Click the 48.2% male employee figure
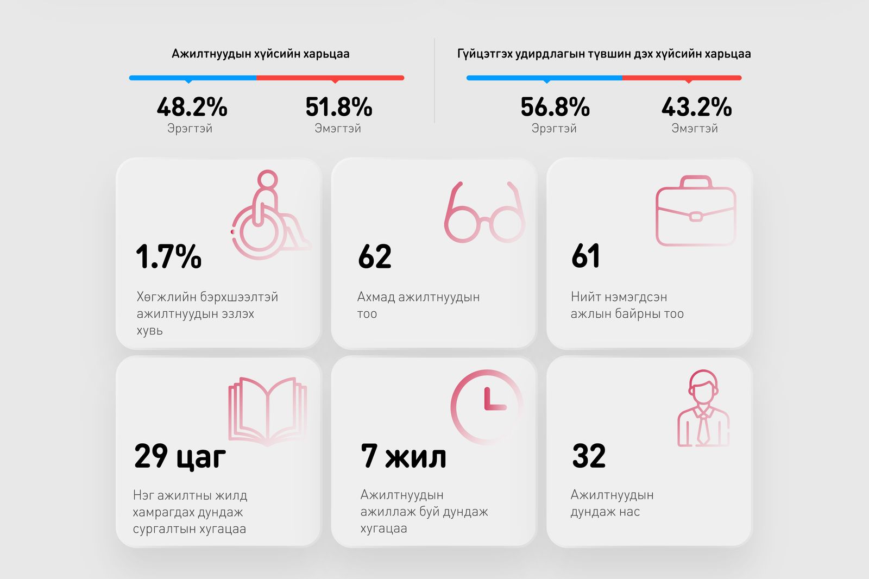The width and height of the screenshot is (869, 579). tap(192, 107)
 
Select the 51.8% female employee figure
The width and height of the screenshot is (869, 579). tap(338, 107)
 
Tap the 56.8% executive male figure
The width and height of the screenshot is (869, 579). tap(555, 107)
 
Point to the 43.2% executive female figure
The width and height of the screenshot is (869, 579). tap(696, 107)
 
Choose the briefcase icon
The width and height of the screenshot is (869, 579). tap(696, 211)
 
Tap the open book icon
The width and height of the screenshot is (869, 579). tap(268, 411)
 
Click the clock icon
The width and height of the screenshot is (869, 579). tap(486, 407)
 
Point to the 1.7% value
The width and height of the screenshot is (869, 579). tap(168, 256)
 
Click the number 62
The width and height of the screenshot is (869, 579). tap(375, 256)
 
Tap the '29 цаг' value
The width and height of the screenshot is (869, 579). tap(180, 456)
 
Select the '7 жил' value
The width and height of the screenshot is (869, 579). tap(404, 456)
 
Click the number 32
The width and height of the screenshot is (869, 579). tap(589, 456)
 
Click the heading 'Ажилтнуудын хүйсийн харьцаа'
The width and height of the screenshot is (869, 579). tap(261, 54)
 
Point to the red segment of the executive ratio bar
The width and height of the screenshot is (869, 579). tap(682, 78)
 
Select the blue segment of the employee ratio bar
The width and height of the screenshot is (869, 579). tap(193, 78)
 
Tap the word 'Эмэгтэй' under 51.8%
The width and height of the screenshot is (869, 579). tap(338, 129)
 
